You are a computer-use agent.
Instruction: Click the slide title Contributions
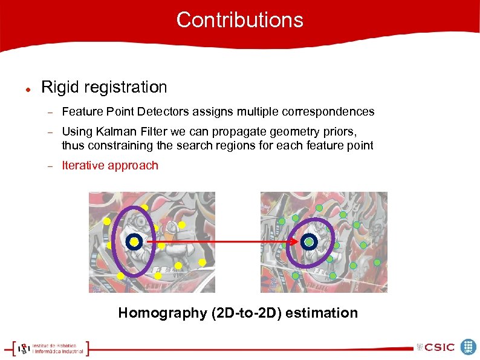tap(239, 20)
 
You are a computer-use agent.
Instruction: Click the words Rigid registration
tap(104, 87)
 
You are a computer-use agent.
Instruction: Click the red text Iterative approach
tap(110, 166)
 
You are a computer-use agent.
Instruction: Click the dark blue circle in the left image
tap(134, 243)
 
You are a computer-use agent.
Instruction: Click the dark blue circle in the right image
tap(309, 242)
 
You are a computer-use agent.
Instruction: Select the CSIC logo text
tap(439, 347)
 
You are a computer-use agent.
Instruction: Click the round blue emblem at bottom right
tap(469, 347)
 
